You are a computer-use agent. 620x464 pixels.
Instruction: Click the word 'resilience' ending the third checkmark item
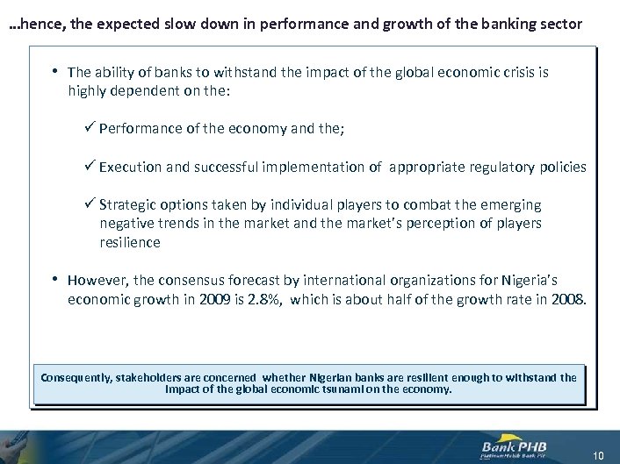click(x=130, y=242)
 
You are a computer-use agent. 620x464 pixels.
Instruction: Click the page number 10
click(x=599, y=454)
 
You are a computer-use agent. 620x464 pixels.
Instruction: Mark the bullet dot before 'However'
click(x=54, y=280)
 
